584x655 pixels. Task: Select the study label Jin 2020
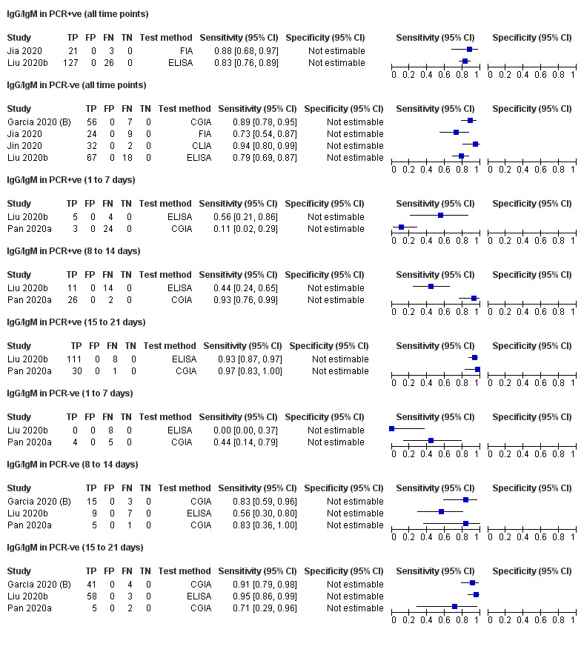(x=24, y=146)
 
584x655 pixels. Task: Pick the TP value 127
(x=92, y=63)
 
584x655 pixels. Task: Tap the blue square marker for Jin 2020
(x=475, y=145)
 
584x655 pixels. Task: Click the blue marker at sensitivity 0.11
(x=401, y=228)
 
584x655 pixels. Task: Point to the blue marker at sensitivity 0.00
(x=392, y=430)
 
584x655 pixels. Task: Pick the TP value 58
(x=92, y=596)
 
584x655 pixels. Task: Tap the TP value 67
(x=92, y=158)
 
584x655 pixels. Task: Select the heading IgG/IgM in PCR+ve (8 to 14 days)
(x=73, y=251)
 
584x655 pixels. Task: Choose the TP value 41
(x=92, y=585)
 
